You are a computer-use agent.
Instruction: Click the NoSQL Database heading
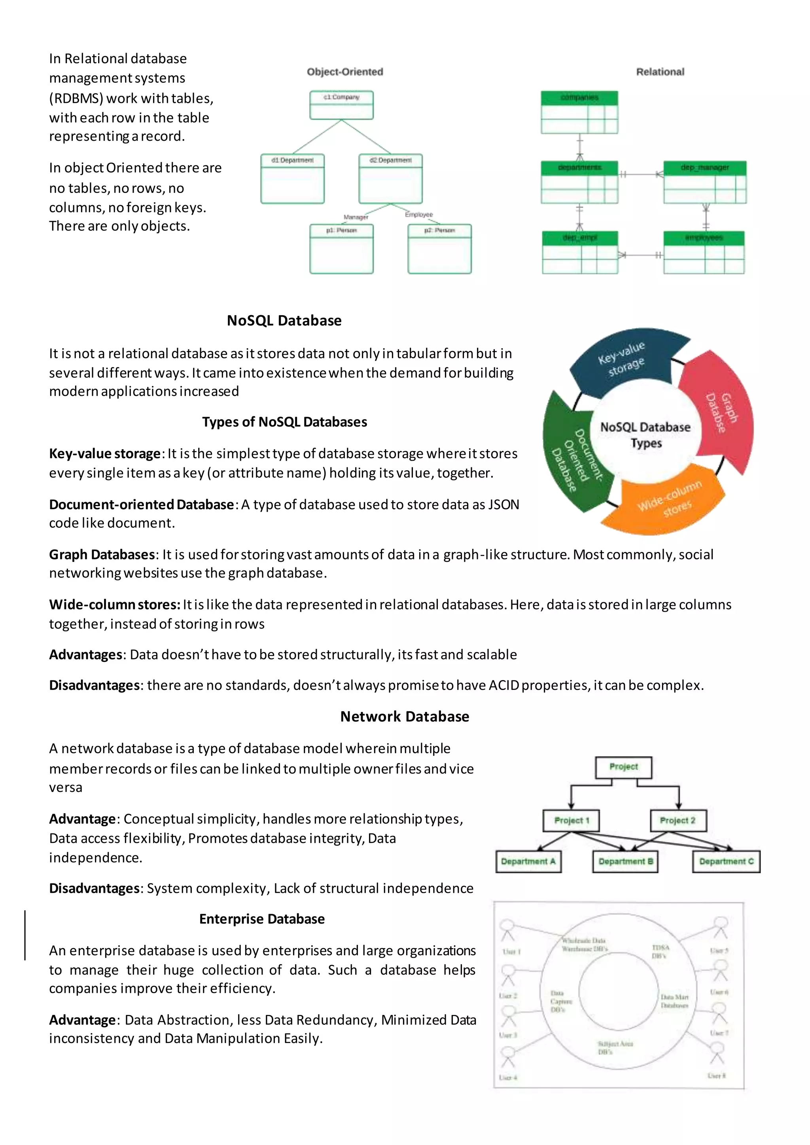click(x=284, y=321)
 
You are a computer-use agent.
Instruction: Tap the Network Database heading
click(x=405, y=717)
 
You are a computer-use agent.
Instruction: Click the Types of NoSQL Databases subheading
click(x=284, y=422)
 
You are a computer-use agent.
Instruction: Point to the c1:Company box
click(x=341, y=105)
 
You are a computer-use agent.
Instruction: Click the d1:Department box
click(x=292, y=178)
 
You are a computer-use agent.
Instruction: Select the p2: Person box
click(x=439, y=248)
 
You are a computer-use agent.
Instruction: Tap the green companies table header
click(x=579, y=98)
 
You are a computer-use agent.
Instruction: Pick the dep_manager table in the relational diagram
click(x=705, y=181)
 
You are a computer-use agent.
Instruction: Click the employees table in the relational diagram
click(x=704, y=252)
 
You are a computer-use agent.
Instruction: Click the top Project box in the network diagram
click(x=623, y=767)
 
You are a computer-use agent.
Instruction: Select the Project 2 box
click(x=678, y=820)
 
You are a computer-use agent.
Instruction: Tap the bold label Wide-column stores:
click(x=114, y=605)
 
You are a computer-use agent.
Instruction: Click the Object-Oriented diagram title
click(x=344, y=72)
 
